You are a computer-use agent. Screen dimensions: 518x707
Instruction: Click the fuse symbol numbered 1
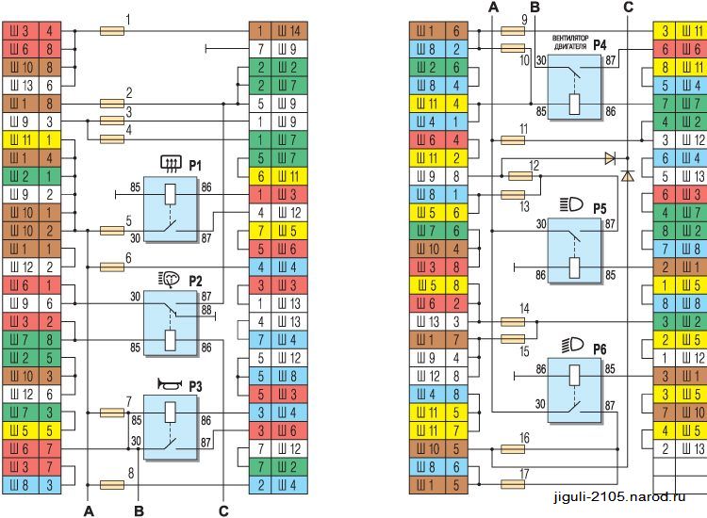pyautogui.click(x=112, y=31)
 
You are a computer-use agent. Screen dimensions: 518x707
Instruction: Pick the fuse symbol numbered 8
pyautogui.click(x=112, y=485)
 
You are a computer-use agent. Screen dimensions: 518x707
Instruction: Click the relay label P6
pyautogui.click(x=600, y=348)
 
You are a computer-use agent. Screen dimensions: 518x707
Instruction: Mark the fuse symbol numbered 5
pyautogui.click(x=112, y=230)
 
